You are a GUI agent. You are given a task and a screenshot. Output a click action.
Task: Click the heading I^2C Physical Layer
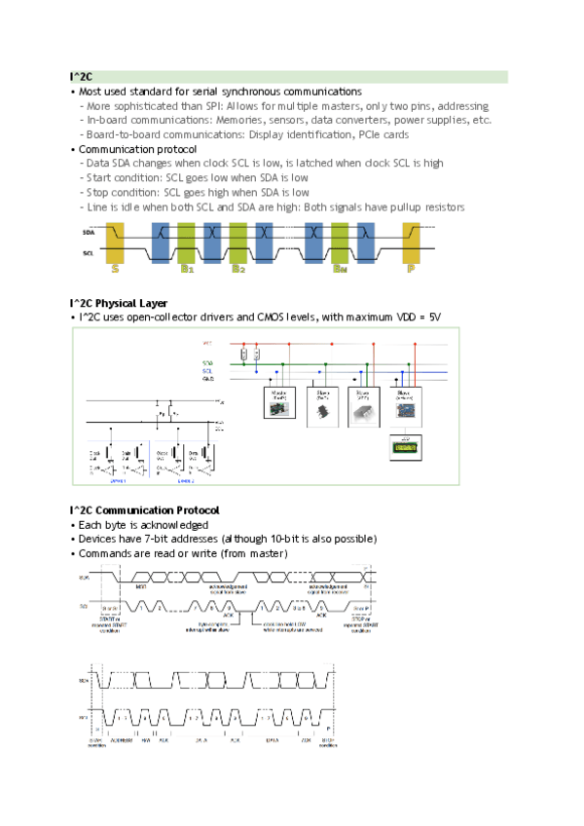tap(118, 304)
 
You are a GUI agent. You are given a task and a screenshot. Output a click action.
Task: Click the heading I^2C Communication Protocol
tap(144, 510)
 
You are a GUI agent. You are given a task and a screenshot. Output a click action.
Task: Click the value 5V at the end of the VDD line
tap(434, 319)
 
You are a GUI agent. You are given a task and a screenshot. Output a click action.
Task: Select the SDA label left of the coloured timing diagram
tap(89, 234)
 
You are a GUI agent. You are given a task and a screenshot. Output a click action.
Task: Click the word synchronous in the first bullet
tap(239, 92)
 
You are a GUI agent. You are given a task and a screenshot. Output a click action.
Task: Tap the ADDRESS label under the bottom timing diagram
tap(124, 740)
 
